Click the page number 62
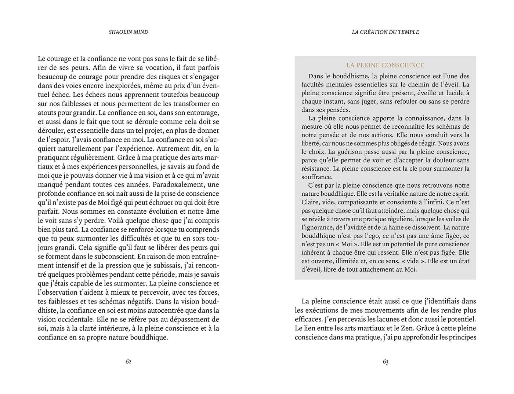pyautogui.click(x=128, y=362)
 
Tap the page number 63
pyautogui.click(x=385, y=362)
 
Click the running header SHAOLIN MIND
pyautogui.click(x=128, y=32)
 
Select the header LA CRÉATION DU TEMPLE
pyautogui.click(x=385, y=32)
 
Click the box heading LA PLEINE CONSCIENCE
pyautogui.click(x=385, y=65)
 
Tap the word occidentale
pyautogui.click(x=78, y=319)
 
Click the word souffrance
pyautogui.click(x=316, y=177)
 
